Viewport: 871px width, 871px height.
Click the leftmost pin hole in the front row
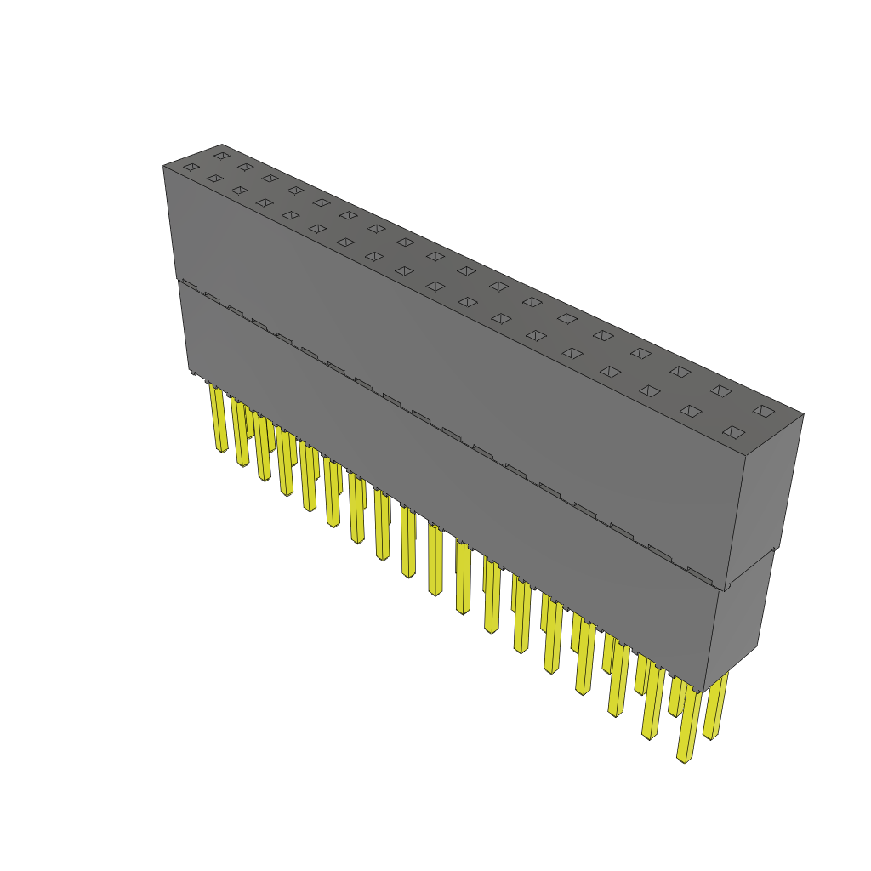coord(191,168)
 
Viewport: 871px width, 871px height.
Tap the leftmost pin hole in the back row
coord(222,156)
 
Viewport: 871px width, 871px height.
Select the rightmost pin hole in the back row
coord(764,411)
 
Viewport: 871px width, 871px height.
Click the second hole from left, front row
coord(214,179)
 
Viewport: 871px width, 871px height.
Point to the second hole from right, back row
coord(721,390)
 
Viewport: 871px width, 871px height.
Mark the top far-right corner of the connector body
coord(803,414)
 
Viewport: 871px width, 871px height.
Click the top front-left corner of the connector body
coord(163,166)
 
